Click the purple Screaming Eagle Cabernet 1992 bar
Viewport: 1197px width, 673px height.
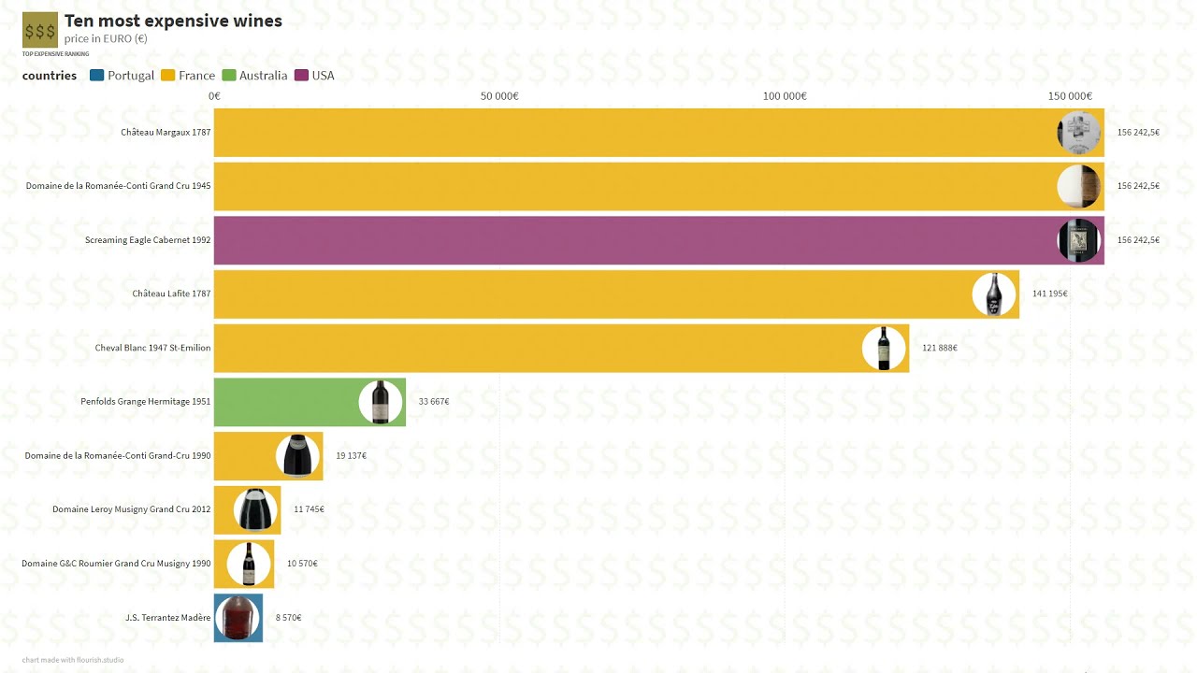[x=636, y=240]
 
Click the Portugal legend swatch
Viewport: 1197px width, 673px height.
[x=97, y=76]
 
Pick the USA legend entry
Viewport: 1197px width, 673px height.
[x=314, y=76]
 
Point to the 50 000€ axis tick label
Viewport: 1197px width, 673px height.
[x=499, y=96]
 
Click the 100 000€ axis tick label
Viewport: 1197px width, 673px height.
[x=785, y=96]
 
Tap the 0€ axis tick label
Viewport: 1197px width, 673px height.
[x=214, y=96]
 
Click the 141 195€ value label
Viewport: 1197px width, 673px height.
[x=1049, y=294]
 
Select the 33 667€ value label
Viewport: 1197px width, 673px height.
[x=434, y=402]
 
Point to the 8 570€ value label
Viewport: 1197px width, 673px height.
[x=288, y=618]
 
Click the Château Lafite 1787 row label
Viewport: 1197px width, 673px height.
[x=171, y=294]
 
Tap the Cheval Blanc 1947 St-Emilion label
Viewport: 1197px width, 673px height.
[x=152, y=348]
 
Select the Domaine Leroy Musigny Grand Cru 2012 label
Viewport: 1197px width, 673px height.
[x=131, y=509]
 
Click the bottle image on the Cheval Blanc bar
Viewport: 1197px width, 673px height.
[x=884, y=348]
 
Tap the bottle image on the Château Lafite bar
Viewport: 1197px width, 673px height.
[x=994, y=294]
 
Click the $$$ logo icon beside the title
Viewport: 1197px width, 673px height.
[x=40, y=30]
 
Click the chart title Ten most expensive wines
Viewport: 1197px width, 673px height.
[x=173, y=21]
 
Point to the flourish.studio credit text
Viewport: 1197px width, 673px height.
[x=73, y=660]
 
